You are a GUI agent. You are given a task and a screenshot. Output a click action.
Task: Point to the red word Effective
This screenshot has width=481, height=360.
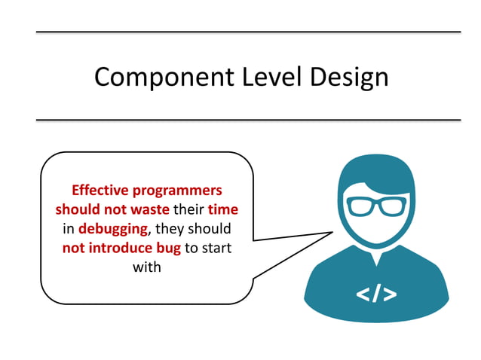point(99,191)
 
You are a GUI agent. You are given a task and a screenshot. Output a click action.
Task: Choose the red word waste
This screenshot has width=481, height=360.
point(150,209)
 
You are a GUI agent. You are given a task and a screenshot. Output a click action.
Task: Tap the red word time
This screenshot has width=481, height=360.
point(223,209)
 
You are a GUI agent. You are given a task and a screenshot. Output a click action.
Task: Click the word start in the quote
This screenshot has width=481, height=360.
point(217,248)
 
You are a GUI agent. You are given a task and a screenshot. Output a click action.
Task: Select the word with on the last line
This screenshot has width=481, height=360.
point(147,267)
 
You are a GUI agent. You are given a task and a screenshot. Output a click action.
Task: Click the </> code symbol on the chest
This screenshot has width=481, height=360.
point(376,293)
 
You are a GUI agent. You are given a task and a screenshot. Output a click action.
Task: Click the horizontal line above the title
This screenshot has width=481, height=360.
point(248,32)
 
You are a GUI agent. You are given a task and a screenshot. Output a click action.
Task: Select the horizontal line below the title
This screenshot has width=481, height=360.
point(248,119)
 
